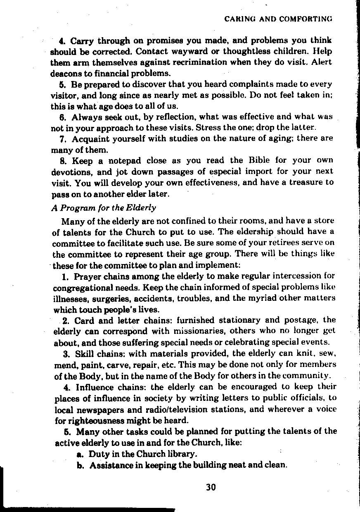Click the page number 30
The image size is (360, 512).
coord(211,487)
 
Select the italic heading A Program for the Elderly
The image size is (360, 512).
coord(104,207)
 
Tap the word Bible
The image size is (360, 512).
coord(259,160)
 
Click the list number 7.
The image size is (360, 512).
coord(64,138)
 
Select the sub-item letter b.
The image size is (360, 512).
coord(81,465)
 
